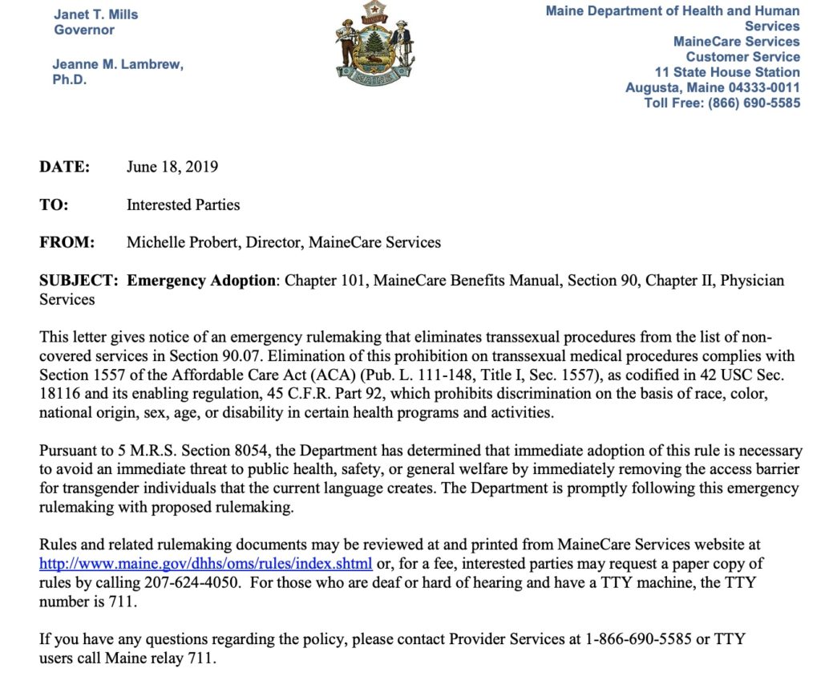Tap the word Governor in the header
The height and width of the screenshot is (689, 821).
pyautogui.click(x=84, y=30)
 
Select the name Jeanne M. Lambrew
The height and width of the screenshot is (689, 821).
pyautogui.click(x=118, y=64)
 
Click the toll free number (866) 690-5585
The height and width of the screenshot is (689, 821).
pyautogui.click(x=754, y=103)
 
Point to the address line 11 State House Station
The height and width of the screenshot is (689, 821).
pyautogui.click(x=727, y=72)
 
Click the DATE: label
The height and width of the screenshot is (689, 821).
pyautogui.click(x=65, y=168)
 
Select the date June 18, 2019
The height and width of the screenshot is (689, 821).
pyautogui.click(x=172, y=168)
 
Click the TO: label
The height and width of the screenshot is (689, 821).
pyautogui.click(x=54, y=205)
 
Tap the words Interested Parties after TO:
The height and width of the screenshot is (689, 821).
pyautogui.click(x=183, y=205)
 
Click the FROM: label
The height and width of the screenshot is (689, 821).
pyautogui.click(x=67, y=242)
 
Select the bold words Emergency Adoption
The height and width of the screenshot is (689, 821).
pyautogui.click(x=201, y=281)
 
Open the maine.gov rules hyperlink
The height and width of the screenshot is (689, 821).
pyautogui.click(x=206, y=562)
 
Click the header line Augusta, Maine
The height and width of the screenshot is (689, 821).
pyautogui.click(x=672, y=87)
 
